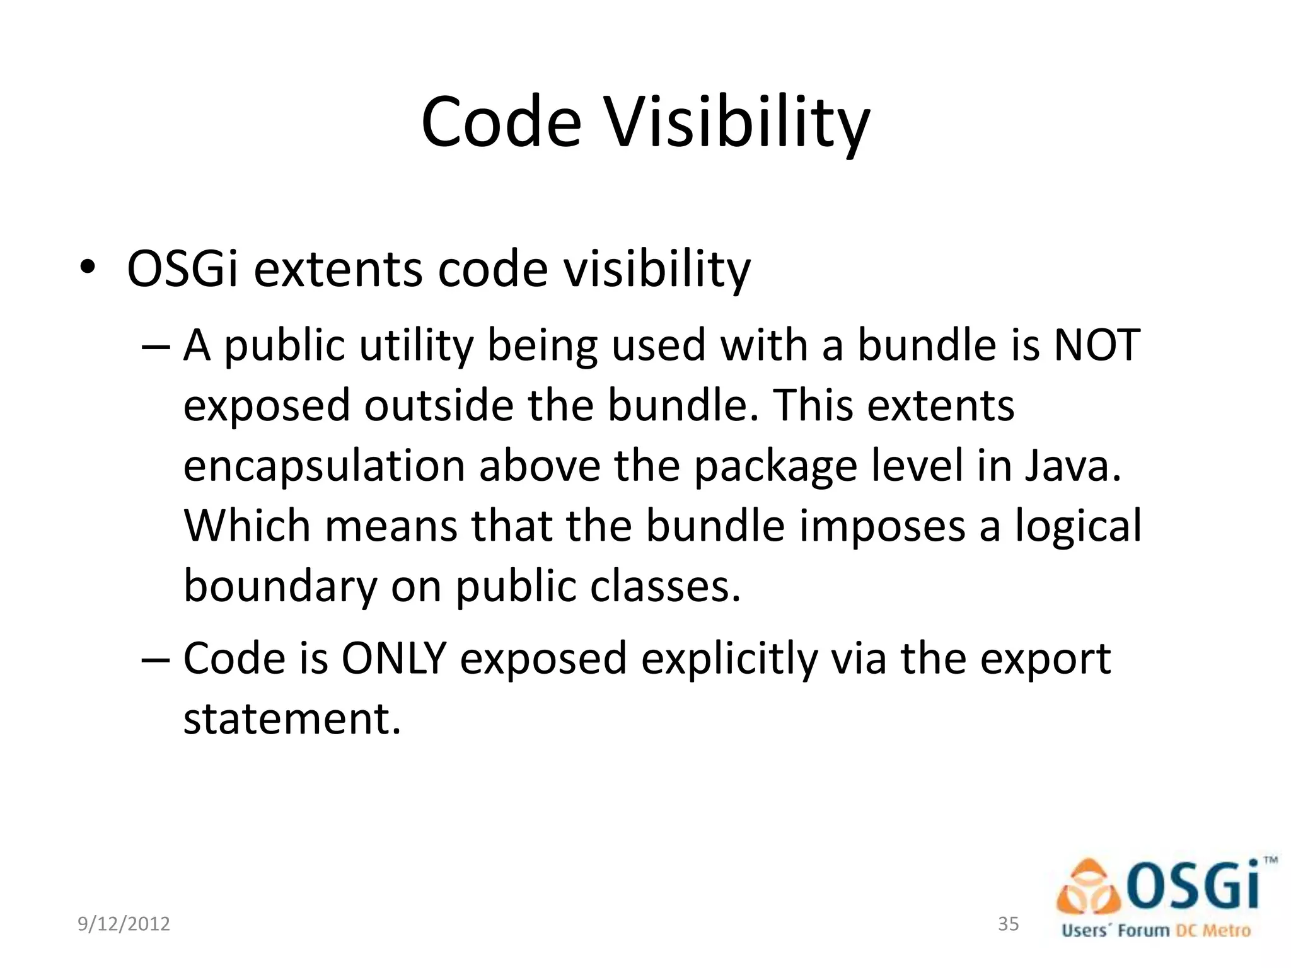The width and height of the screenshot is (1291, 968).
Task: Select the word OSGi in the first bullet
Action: click(x=182, y=270)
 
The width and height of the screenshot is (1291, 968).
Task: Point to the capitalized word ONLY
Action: click(x=393, y=659)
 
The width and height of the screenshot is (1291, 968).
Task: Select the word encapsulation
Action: click(x=324, y=467)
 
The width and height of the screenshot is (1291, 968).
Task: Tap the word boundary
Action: click(x=279, y=587)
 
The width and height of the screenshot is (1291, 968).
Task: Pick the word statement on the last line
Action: click(x=291, y=718)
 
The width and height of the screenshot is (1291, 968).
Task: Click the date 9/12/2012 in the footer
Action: click(x=124, y=924)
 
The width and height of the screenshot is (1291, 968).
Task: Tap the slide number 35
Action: click(x=1008, y=924)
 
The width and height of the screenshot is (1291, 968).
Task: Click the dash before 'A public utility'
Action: click(x=156, y=347)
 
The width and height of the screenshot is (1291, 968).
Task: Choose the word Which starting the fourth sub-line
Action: click(x=246, y=526)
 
